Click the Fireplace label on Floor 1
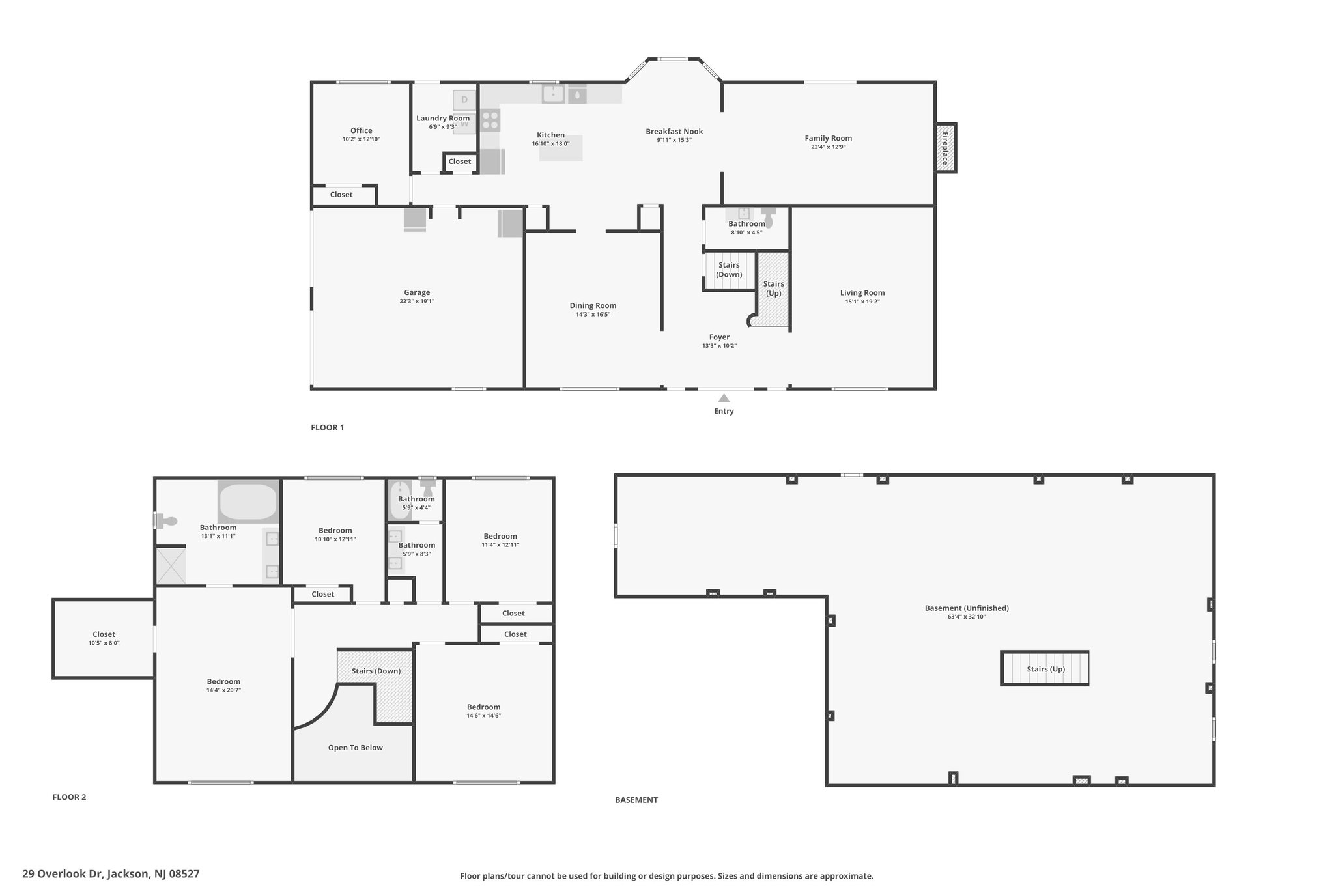pyautogui.click(x=945, y=148)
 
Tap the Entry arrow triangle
pyautogui.click(x=724, y=398)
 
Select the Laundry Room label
pyautogui.click(x=443, y=119)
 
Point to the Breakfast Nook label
pyautogui.click(x=674, y=132)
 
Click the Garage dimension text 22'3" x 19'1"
pyautogui.click(x=417, y=302)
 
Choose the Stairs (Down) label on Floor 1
pyautogui.click(x=729, y=270)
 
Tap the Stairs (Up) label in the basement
pyautogui.click(x=1046, y=669)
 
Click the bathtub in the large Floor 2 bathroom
pyautogui.click(x=248, y=501)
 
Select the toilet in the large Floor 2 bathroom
pyautogui.click(x=165, y=521)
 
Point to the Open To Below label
pyautogui.click(x=356, y=748)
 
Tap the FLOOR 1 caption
pyautogui.click(x=328, y=427)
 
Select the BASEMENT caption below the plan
pyautogui.click(x=636, y=800)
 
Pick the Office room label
pyautogui.click(x=362, y=130)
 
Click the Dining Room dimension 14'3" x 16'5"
pyautogui.click(x=593, y=315)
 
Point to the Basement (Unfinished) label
pyautogui.click(x=967, y=608)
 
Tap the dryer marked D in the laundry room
pyautogui.click(x=465, y=100)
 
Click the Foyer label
pyautogui.click(x=719, y=337)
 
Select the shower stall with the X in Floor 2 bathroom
pyautogui.click(x=171, y=565)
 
